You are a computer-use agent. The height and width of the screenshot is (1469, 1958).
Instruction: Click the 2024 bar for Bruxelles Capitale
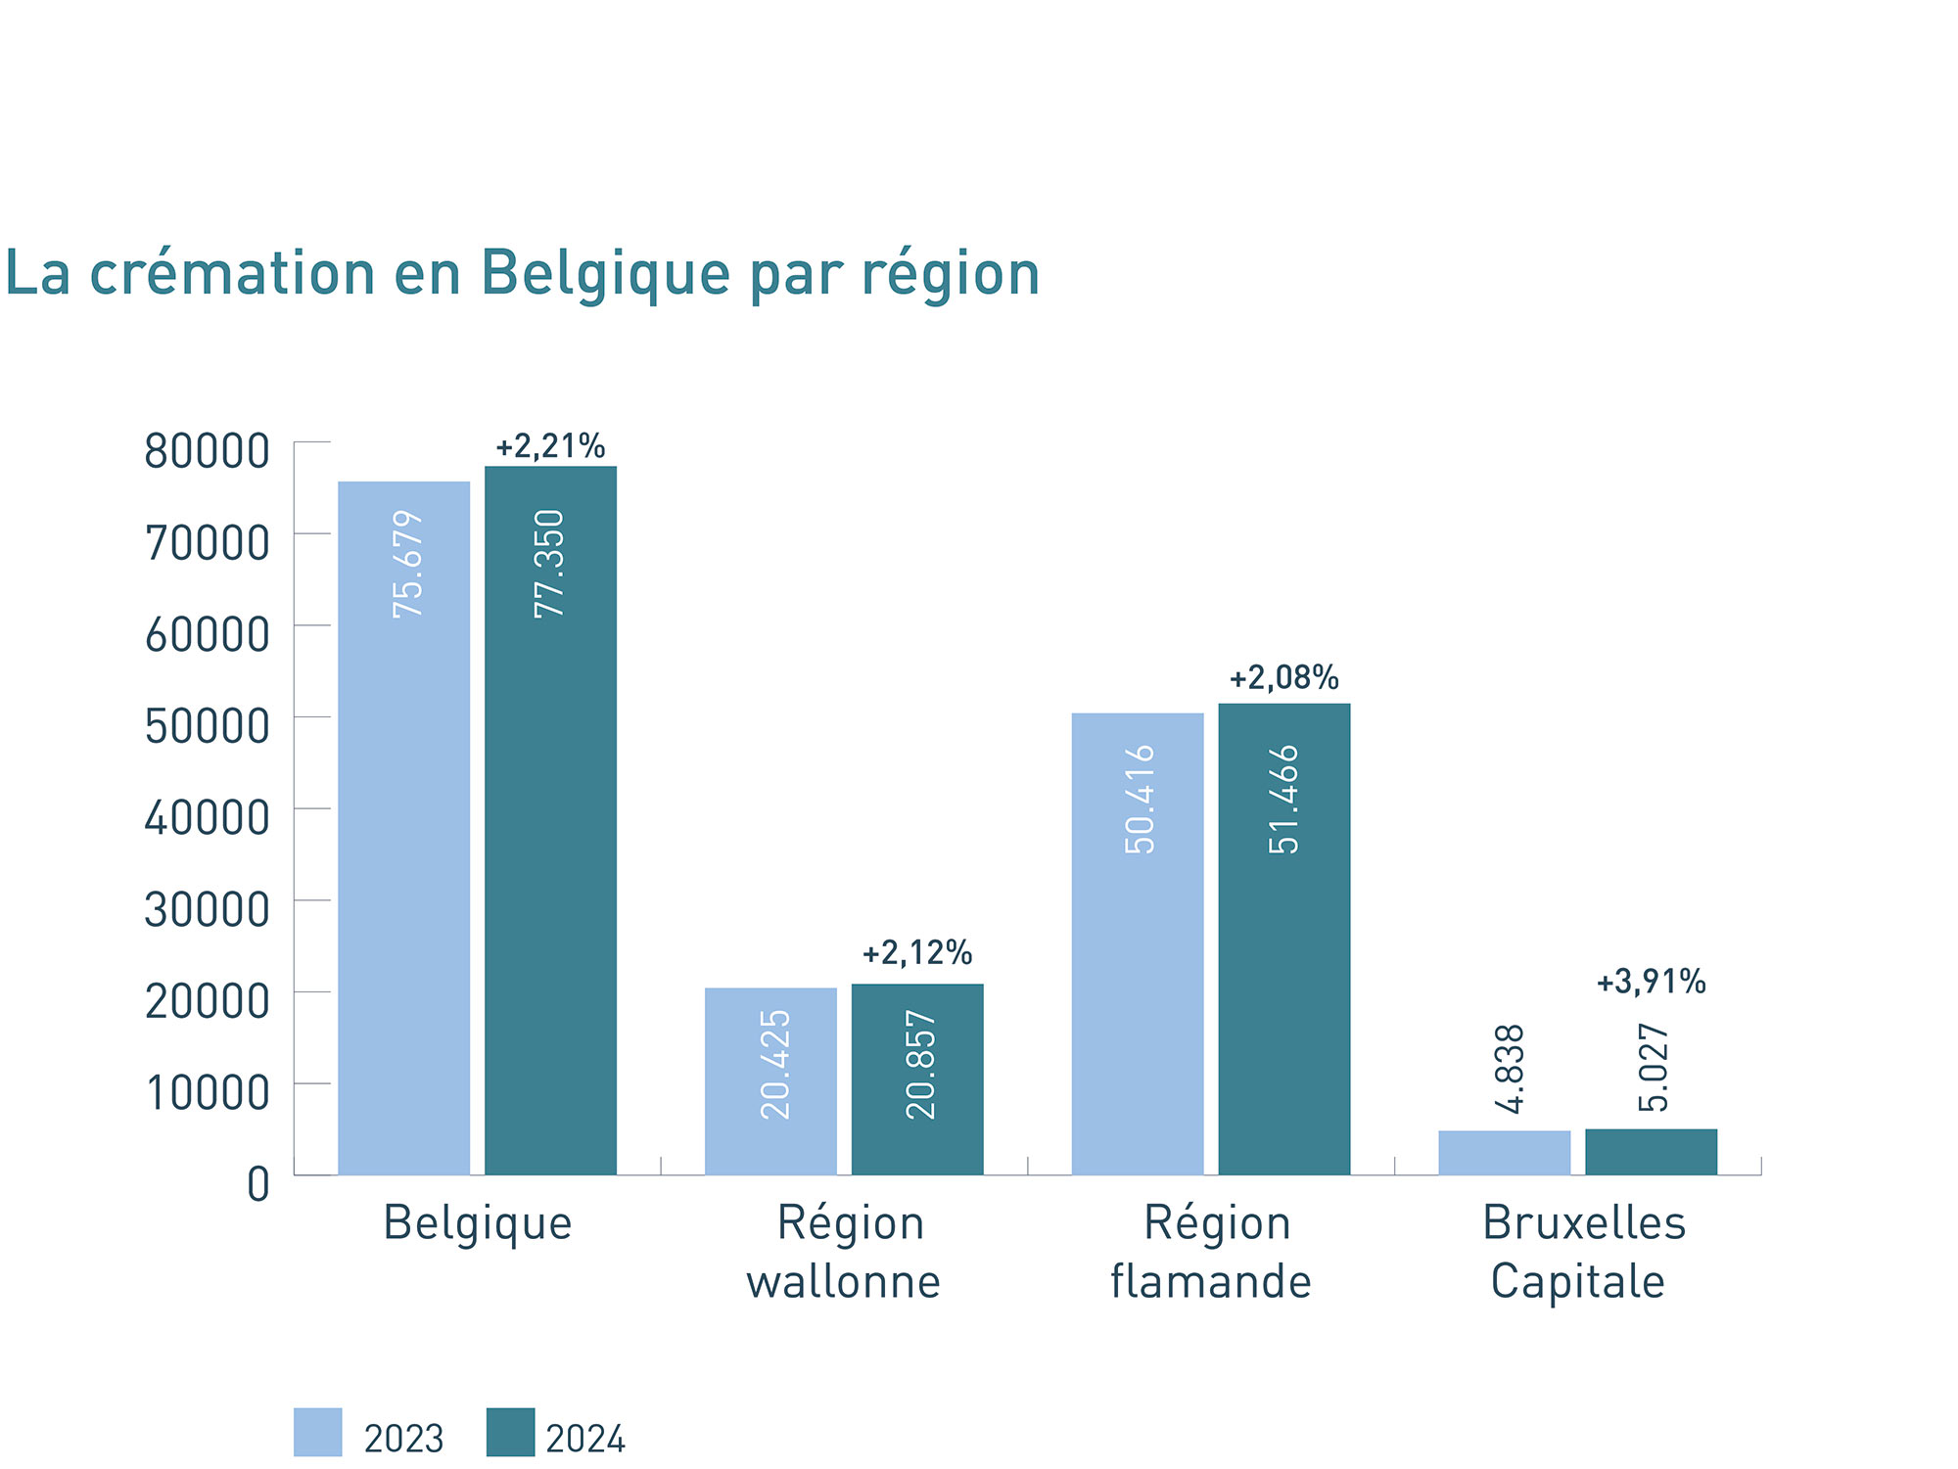coord(1651,1152)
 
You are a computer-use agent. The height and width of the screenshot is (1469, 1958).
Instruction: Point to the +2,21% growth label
coord(550,447)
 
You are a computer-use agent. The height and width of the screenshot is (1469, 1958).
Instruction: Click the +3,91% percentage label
coord(1651,982)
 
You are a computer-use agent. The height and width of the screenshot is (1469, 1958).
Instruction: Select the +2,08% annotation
coord(1283,678)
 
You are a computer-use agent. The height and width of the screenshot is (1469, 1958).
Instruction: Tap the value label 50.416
coord(1140,800)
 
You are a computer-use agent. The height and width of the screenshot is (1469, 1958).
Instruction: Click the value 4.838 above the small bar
coord(1511,1069)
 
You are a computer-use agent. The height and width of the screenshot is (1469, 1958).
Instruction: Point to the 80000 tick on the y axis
coord(207,452)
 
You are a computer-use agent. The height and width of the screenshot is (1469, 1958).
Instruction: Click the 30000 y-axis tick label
coord(207,910)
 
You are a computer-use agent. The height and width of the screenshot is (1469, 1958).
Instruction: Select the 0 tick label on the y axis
coord(258,1184)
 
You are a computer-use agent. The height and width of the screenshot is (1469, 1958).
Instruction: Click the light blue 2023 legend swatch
coord(317,1433)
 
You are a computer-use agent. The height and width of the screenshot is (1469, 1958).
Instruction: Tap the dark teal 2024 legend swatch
coord(510,1433)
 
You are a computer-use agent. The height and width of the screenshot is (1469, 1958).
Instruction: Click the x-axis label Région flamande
coord(1212,1253)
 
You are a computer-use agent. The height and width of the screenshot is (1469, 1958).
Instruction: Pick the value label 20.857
coord(920,1065)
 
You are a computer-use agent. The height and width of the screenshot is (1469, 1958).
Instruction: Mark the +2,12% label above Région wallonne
coord(916,953)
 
